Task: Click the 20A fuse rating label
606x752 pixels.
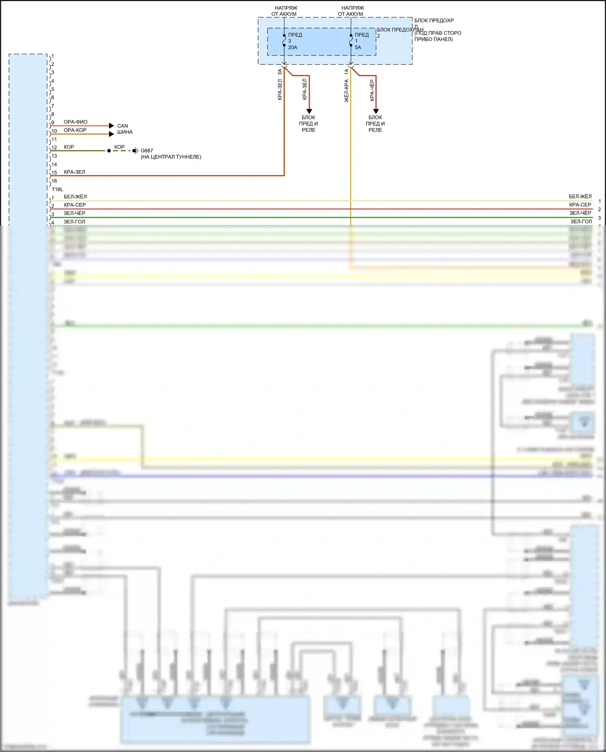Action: [x=292, y=47]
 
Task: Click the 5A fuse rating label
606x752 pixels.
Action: [x=358, y=47]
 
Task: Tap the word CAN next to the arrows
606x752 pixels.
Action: [x=122, y=126]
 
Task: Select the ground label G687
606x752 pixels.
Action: [x=147, y=151]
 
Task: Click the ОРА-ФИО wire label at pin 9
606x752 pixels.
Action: [x=76, y=122]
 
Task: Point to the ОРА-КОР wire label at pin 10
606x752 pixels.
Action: [x=75, y=130]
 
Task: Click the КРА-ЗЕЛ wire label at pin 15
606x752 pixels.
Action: [x=74, y=172]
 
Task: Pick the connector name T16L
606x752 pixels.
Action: [x=57, y=189]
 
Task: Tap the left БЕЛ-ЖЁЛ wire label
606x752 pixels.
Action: [x=75, y=197]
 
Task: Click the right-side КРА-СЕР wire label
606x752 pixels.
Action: [x=580, y=205]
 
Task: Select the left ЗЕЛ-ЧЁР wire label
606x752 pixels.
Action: [x=75, y=213]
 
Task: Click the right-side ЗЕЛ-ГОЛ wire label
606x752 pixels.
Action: [x=581, y=221]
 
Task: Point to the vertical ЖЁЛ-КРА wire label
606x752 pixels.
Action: [x=346, y=91]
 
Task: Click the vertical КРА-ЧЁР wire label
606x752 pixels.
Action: [x=372, y=90]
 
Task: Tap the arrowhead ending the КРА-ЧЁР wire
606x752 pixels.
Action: [x=376, y=112]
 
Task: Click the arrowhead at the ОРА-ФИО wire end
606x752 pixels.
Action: [x=112, y=126]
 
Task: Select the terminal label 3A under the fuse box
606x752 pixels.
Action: [x=280, y=72]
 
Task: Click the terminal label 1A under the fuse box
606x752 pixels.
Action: [x=346, y=72]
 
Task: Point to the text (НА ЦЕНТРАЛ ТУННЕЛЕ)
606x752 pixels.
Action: [x=171, y=157]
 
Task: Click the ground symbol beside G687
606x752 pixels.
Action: [x=135, y=151]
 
